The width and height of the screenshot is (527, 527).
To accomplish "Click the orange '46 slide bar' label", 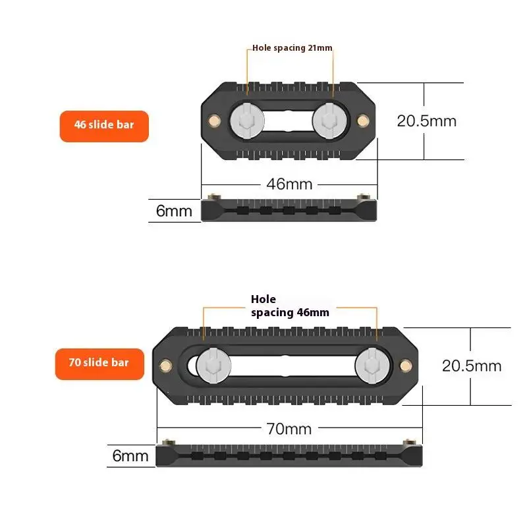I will [104, 126].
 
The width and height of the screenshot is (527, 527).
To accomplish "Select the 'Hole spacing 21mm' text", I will [292, 48].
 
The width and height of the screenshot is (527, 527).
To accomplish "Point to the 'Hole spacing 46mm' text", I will [289, 306].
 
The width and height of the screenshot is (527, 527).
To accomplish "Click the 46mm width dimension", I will [289, 184].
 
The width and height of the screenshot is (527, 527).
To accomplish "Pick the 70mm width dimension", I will [289, 429].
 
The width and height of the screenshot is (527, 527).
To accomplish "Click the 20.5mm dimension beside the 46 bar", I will [426, 121].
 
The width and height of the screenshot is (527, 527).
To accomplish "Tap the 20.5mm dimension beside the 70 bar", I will [472, 366].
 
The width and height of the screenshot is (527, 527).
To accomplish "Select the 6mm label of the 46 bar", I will [174, 211].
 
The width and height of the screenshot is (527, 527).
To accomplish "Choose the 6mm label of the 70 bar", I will [130, 455].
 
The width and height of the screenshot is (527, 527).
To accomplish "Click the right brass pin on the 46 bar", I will [361, 121].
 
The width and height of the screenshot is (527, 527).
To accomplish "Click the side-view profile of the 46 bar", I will [289, 209].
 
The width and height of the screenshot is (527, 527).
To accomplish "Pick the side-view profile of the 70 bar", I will [289, 455].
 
